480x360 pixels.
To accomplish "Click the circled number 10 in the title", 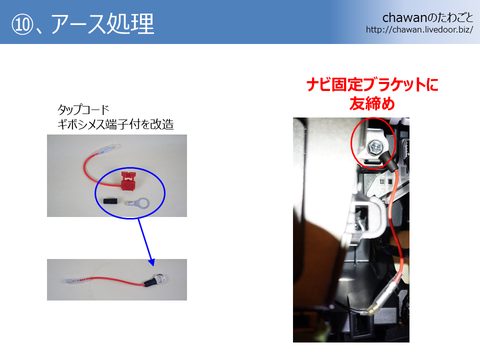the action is click(x=22, y=24).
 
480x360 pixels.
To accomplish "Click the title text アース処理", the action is click(x=102, y=24).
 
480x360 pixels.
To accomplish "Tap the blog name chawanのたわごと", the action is click(x=428, y=18).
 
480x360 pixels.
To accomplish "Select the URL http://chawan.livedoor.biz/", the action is click(x=419, y=30).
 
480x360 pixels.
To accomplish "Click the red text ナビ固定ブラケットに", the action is click(x=372, y=85).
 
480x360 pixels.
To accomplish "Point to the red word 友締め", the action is click(x=372, y=103).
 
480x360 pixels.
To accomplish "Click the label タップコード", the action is click(x=83, y=110).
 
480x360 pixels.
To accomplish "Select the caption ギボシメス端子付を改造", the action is click(x=115, y=124).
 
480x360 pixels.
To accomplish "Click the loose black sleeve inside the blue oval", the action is click(x=111, y=202).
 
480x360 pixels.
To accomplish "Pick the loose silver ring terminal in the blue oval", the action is click(x=138, y=202).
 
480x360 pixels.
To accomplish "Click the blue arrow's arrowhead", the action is click(x=151, y=262).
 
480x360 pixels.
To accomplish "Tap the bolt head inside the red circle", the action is click(x=374, y=145).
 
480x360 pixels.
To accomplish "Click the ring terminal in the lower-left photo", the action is click(x=161, y=278).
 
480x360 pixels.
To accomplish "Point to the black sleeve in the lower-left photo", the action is click(x=149, y=283).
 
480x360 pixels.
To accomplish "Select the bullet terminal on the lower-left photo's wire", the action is click(x=72, y=282).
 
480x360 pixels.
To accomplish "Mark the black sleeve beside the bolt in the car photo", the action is click(x=387, y=160).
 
